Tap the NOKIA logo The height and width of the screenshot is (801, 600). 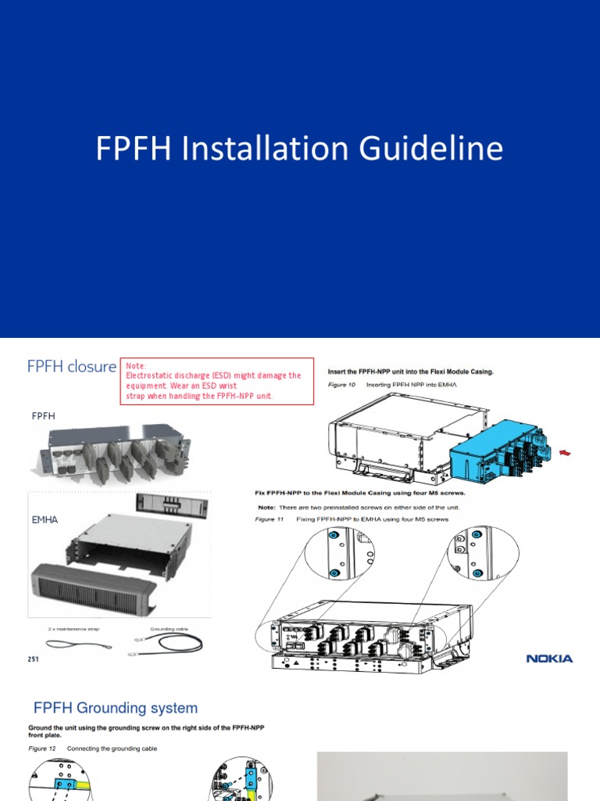(549, 659)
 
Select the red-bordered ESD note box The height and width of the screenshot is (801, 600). (216, 381)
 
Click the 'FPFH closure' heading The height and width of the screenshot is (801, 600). (71, 366)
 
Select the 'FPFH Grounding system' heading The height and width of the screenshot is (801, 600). (116, 708)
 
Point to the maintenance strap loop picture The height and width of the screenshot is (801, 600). (70, 644)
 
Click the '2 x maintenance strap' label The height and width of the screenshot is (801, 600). (73, 628)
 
